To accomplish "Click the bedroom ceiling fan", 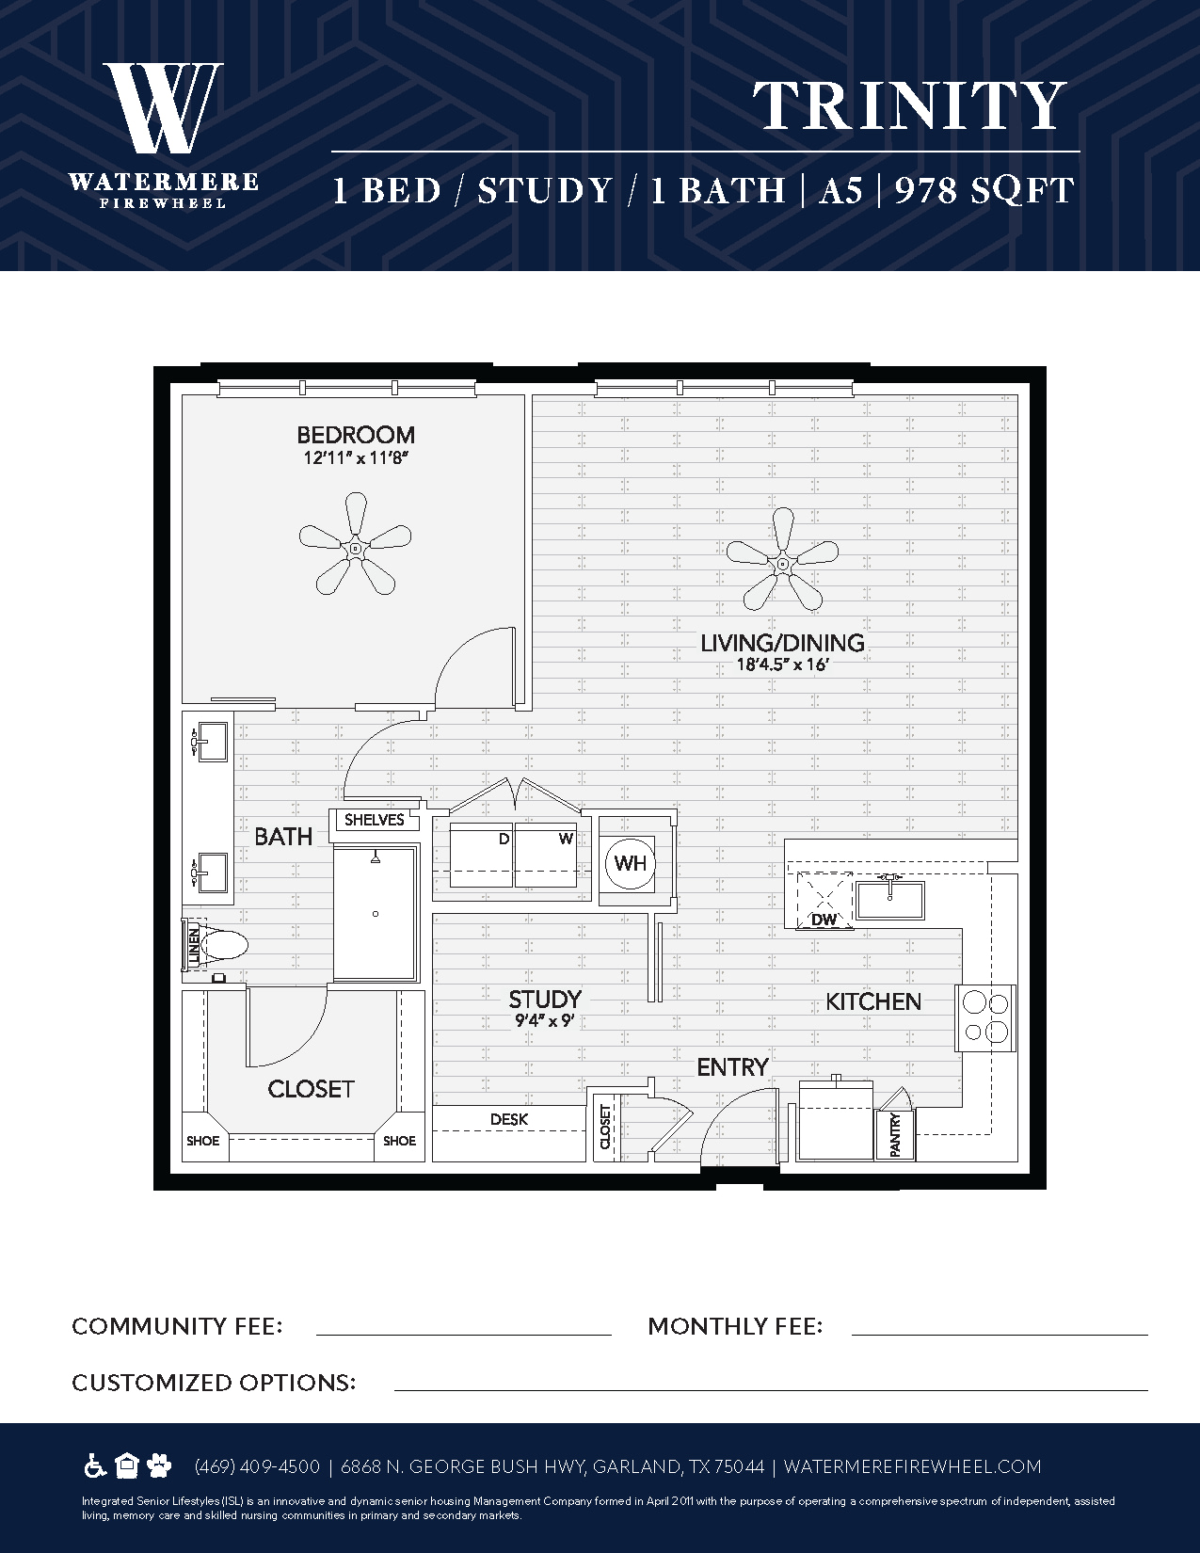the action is [355, 548].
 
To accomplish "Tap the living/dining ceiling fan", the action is [782, 563].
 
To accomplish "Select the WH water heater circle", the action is [630, 863].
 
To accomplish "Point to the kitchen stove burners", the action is [985, 1017].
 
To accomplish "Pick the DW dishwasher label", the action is [824, 920].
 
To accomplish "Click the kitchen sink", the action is [889, 899].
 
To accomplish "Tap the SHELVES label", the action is [375, 820].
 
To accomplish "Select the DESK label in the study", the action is [509, 1119].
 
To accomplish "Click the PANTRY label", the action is [895, 1135].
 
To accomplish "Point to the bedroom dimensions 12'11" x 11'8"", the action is [355, 457].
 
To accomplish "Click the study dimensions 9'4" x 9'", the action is [545, 1020].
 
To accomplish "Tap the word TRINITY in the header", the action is [909, 105].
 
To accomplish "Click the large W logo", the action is [164, 107].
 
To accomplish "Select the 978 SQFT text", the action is [984, 191].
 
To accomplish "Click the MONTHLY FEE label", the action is [735, 1326].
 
